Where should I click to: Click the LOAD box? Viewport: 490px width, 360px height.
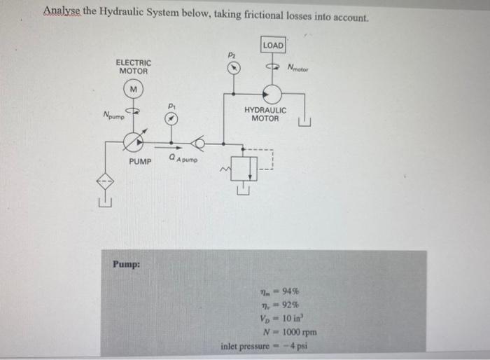pos(273,46)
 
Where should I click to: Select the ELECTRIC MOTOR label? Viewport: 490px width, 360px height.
pos(133,67)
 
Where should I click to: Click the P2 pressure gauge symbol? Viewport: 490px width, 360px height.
pos(236,67)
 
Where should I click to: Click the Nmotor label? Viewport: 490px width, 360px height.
pos(300,67)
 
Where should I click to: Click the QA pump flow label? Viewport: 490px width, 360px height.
pos(183,160)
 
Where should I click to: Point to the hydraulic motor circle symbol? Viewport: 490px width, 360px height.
pos(272,93)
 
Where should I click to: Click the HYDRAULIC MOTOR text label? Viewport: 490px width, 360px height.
pos(265,114)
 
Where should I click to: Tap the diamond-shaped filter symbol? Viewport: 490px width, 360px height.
pos(105,181)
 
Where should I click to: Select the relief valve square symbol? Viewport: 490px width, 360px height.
pos(241,167)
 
